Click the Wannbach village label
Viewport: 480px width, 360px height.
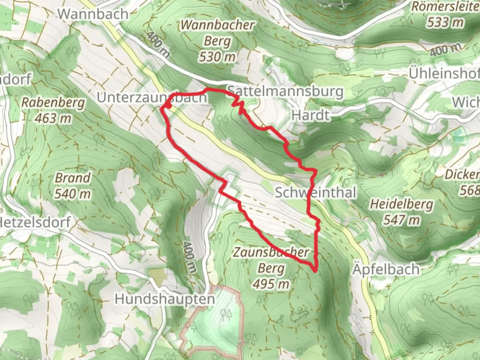(x=93, y=14)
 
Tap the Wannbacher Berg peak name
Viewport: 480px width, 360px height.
(x=217, y=33)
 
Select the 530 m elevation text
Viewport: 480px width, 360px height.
(x=217, y=57)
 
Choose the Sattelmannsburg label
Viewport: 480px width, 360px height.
(x=285, y=91)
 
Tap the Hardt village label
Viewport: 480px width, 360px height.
(x=310, y=115)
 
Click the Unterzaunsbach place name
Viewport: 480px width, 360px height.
(x=152, y=98)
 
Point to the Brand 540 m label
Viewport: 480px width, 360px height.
(x=73, y=186)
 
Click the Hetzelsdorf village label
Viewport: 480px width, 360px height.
(x=35, y=222)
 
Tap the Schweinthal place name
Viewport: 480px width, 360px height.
(x=315, y=193)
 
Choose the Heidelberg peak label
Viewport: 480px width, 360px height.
(x=401, y=204)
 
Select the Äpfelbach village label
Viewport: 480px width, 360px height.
(x=386, y=269)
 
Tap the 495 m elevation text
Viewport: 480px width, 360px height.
(x=271, y=284)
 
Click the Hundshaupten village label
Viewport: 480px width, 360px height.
(x=165, y=299)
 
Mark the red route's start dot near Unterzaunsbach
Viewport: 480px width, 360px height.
(x=169, y=106)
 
